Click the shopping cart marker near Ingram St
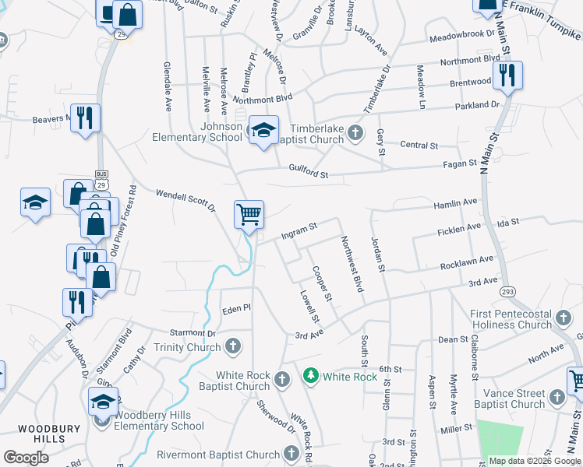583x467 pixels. pos(249,213)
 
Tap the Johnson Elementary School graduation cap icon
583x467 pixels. pos(263,130)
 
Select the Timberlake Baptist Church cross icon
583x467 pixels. pos(355,132)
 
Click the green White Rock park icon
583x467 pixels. pos(311,377)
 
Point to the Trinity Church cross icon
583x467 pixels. pos(232,346)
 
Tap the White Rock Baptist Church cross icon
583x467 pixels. pos(282,379)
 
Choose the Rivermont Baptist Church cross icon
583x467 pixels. pos(291,453)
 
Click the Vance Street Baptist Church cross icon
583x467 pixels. pos(556,397)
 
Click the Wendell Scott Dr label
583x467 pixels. pos(185,199)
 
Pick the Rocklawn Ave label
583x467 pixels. pos(466,262)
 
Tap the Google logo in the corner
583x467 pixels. pos(26,458)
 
